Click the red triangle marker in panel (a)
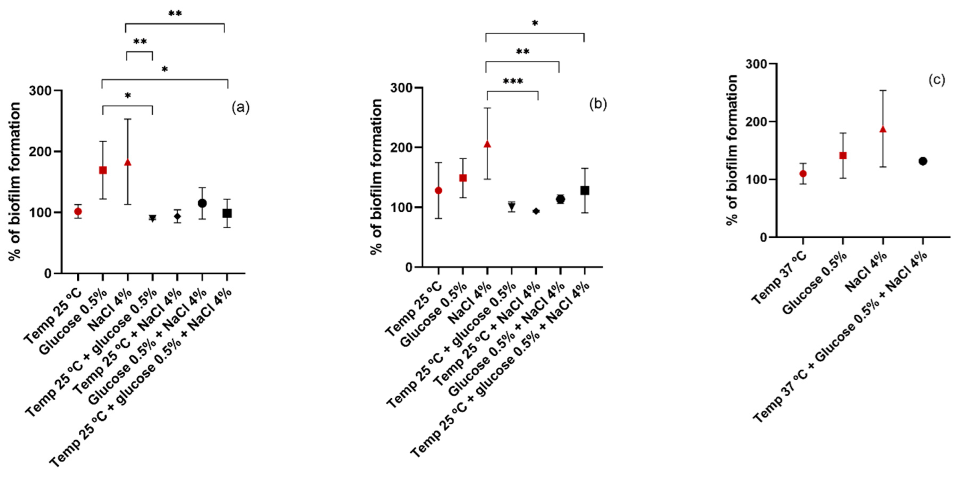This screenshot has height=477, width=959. point(128,162)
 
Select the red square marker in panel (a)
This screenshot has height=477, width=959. point(103,170)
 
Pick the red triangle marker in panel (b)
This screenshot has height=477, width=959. point(487,144)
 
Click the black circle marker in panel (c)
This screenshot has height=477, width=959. point(923,161)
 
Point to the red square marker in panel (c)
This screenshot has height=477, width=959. point(843,156)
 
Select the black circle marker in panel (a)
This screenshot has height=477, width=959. point(202,203)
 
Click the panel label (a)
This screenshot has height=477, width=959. point(240,108)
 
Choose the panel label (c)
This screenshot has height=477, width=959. point(936,80)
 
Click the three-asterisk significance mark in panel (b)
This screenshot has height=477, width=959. point(513,82)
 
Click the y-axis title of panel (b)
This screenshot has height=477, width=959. point(376,177)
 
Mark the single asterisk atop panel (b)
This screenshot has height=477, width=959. point(535,24)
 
